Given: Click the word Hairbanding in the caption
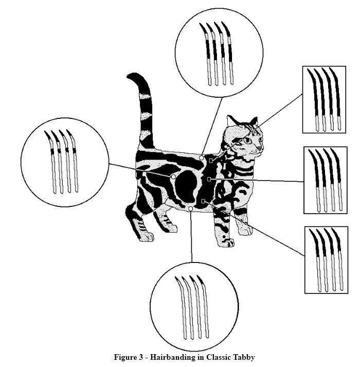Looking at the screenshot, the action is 170,357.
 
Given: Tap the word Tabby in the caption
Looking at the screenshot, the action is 244,357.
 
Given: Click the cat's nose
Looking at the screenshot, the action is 260,149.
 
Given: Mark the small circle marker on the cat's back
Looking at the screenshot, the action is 202,158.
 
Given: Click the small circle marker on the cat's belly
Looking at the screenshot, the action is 191,208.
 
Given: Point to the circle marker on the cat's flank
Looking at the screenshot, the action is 173,176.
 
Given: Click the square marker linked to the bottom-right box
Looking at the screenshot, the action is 204,200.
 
